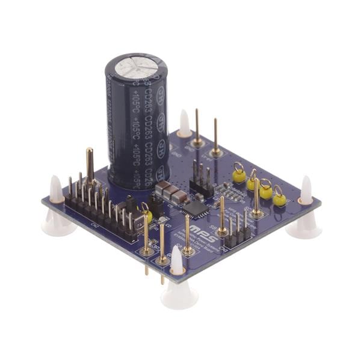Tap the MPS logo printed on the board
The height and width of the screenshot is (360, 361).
pyautogui.click(x=197, y=228)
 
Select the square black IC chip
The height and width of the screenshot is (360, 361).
pyautogui.click(x=194, y=208)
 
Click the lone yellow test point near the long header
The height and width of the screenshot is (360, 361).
pyautogui.click(x=147, y=216)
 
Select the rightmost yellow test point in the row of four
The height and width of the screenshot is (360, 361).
pyautogui.click(x=279, y=198)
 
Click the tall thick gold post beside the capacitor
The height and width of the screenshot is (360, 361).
pyautogui.click(x=90, y=166)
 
